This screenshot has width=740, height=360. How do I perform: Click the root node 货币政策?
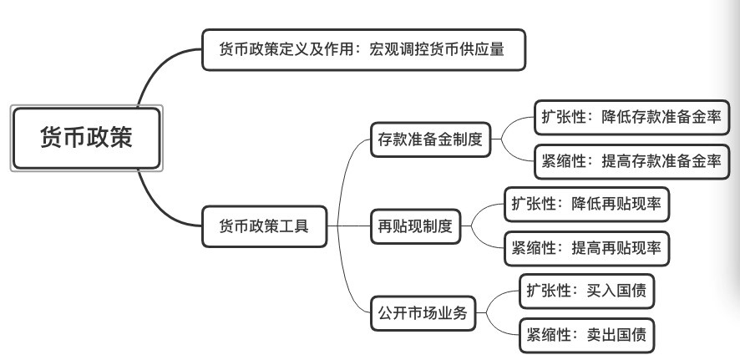86,138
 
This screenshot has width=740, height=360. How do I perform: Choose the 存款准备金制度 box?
430,139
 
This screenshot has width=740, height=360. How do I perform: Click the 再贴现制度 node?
415,225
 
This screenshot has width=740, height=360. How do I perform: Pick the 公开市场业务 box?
423,314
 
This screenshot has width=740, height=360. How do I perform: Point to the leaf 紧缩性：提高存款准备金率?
631,161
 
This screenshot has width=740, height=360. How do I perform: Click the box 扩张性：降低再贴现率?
589,203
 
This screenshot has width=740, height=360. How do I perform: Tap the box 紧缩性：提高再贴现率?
589,247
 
